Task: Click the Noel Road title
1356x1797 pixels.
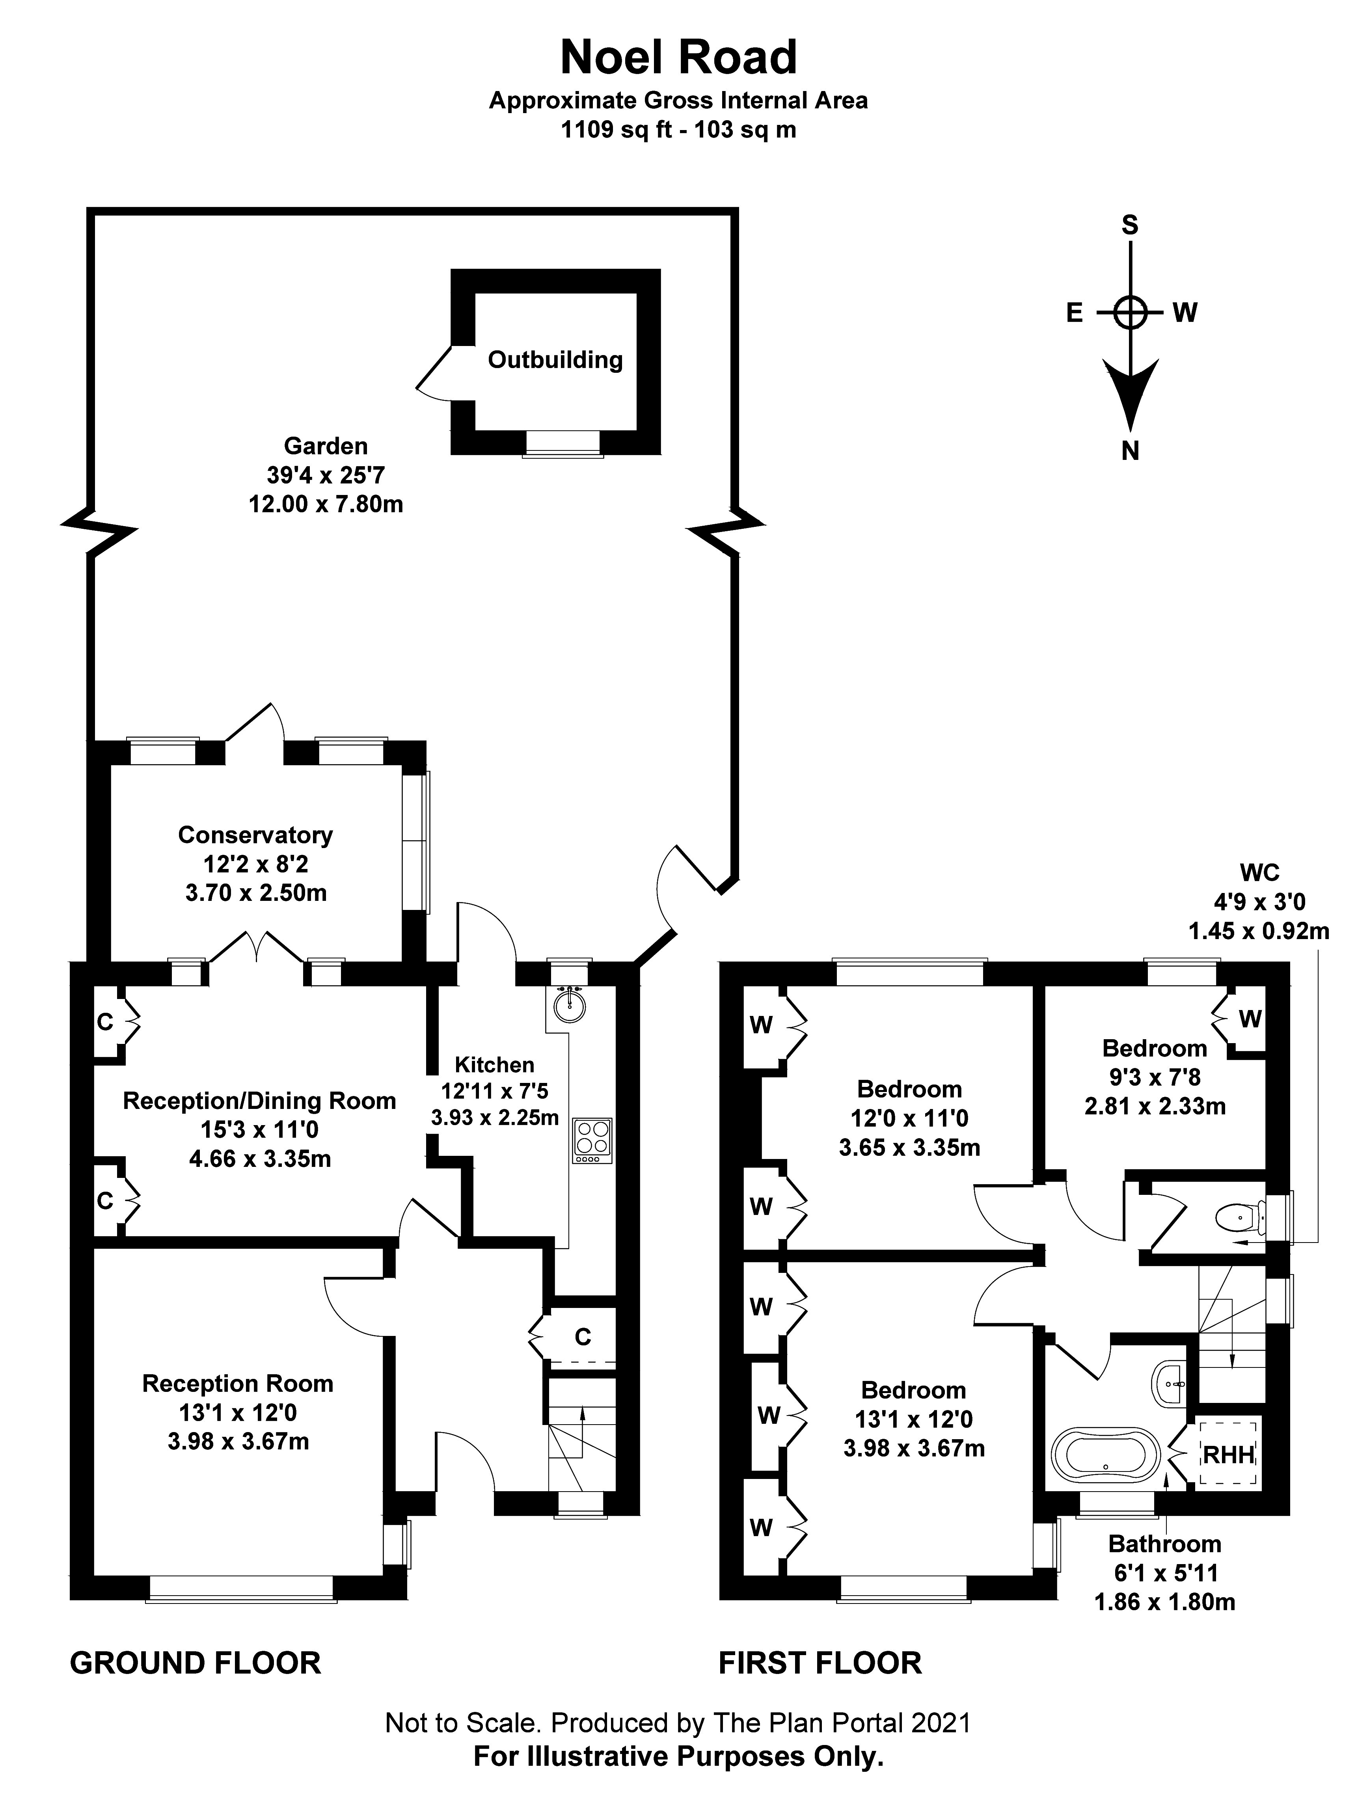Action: (678, 58)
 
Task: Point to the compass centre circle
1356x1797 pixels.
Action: (1129, 312)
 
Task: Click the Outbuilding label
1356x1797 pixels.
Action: (555, 360)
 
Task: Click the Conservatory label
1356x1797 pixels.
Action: (255, 835)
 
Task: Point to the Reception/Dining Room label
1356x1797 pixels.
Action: (259, 1101)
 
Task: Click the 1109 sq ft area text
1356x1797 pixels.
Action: (616, 129)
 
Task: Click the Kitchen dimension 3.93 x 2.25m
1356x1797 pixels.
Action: (495, 1118)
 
